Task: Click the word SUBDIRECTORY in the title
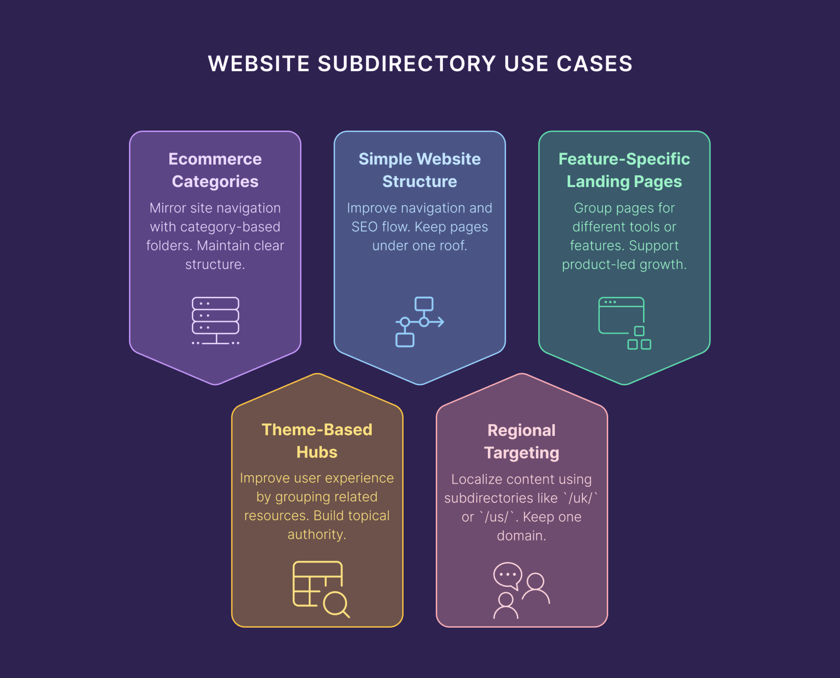[x=407, y=64]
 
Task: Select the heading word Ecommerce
[x=215, y=159]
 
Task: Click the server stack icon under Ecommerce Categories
[x=216, y=321]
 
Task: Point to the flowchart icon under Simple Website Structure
[x=420, y=322]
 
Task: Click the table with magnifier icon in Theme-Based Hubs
[x=321, y=589]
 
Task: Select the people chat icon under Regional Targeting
[x=521, y=590]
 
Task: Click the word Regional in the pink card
[x=521, y=431]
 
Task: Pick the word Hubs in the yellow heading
[x=317, y=452]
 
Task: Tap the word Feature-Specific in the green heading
[x=624, y=159]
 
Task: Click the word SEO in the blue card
[x=364, y=227]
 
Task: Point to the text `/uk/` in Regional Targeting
[x=581, y=498]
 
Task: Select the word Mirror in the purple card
[x=168, y=208]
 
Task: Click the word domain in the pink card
[x=521, y=535]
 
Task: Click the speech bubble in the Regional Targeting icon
[x=508, y=575]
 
